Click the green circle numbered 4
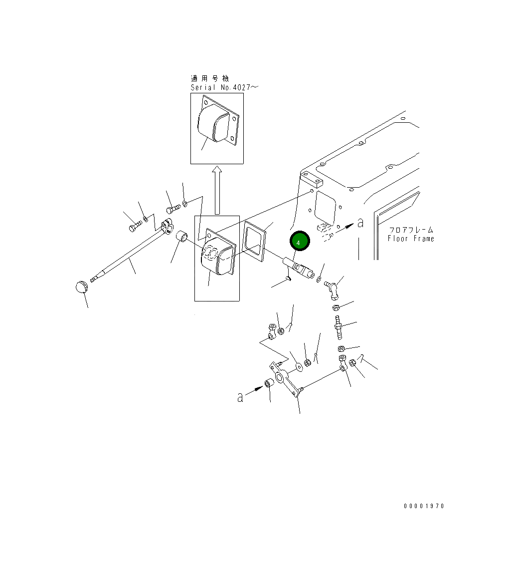[x=299, y=241]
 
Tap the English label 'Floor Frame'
[x=411, y=239]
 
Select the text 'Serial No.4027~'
[x=224, y=87]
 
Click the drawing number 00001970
[x=424, y=506]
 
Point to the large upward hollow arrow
[x=217, y=190]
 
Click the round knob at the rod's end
[x=81, y=287]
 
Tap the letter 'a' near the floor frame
[x=360, y=223]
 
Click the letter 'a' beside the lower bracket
[x=240, y=397]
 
